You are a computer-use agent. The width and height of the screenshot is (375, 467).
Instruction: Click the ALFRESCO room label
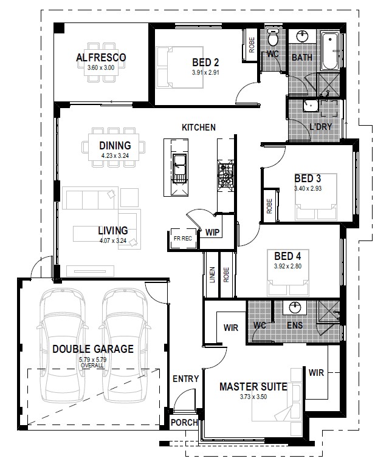(x=101, y=58)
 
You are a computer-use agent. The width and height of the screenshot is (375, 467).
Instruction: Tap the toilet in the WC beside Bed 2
(x=272, y=36)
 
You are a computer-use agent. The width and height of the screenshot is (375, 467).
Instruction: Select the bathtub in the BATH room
(x=329, y=51)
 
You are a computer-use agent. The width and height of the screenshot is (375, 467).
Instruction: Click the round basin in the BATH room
(x=302, y=36)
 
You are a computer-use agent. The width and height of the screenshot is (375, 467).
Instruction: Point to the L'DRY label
(x=321, y=126)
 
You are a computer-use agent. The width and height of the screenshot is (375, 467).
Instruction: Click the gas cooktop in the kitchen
(x=225, y=175)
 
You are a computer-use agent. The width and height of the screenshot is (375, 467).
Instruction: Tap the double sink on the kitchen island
(x=179, y=169)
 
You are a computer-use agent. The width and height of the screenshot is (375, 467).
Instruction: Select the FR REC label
(x=183, y=238)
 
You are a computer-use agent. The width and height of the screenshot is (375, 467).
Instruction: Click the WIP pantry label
(x=212, y=233)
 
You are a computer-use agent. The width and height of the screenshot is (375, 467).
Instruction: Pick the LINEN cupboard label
(x=212, y=274)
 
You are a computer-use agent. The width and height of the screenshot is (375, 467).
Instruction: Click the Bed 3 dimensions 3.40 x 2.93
(x=308, y=188)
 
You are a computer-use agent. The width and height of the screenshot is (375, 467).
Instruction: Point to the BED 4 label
(x=287, y=256)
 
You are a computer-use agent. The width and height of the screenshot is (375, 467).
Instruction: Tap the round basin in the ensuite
(x=295, y=308)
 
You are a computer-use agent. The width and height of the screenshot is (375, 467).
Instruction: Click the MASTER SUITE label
(x=253, y=387)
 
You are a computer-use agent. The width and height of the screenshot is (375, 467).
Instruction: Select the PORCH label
(x=184, y=422)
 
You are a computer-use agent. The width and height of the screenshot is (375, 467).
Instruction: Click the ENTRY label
(x=186, y=379)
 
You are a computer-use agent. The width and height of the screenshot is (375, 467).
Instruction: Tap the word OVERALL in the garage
(x=92, y=365)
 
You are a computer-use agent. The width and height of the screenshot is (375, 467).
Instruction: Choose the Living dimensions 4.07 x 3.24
(x=113, y=240)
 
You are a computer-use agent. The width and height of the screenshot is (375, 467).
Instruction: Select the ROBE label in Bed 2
(x=252, y=45)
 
